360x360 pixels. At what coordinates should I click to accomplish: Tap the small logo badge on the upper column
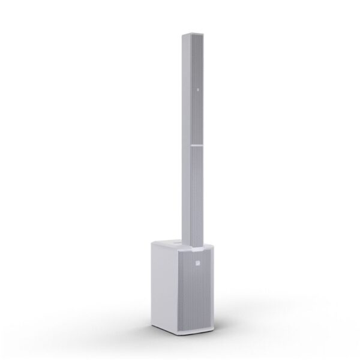point(196,91)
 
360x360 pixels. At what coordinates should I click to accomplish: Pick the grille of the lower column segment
point(196,192)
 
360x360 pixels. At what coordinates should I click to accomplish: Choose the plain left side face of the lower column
point(184,192)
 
